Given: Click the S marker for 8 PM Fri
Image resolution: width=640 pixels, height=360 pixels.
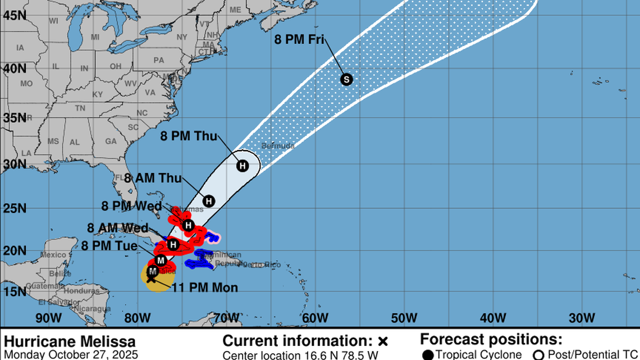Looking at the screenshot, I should [346, 79].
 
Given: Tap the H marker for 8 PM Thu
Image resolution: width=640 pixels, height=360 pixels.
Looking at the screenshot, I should [243, 166].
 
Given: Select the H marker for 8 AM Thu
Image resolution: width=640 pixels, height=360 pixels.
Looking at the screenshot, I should [209, 200].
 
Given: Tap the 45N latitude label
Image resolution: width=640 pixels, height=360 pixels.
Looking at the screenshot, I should [12, 15].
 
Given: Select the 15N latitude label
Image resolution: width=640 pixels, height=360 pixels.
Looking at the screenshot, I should [12, 291].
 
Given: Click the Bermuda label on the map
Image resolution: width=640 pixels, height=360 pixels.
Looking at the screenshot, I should [277, 146].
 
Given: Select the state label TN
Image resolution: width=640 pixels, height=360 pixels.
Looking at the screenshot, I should [80, 108].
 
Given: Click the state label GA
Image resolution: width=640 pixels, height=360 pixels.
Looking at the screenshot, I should [111, 142].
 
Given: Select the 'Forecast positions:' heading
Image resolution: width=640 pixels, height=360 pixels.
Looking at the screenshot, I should [491, 339].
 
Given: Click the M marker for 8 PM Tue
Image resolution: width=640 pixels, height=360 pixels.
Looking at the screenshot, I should [161, 260].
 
